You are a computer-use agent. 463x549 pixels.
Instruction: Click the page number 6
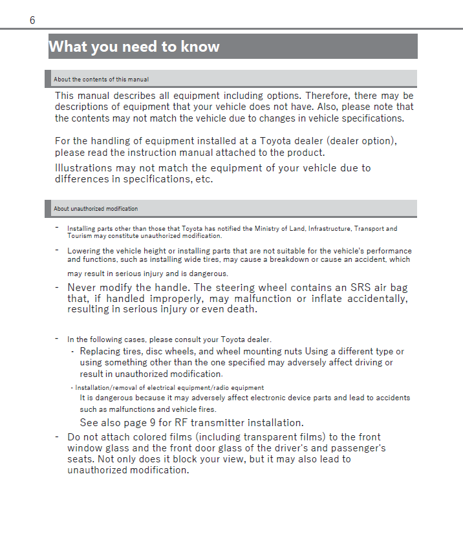coord(32,21)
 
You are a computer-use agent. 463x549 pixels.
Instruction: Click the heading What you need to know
coord(135,47)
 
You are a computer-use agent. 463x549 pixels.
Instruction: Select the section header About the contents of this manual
coord(101,80)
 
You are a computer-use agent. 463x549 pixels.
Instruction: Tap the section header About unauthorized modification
coord(96,209)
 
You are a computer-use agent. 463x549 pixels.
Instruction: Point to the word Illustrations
coord(83,168)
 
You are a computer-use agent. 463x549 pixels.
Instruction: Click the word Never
coord(83,287)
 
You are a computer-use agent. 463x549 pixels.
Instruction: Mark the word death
coord(242,309)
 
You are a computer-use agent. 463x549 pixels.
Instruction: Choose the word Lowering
coord(83,251)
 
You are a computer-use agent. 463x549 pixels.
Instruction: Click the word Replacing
coord(101,351)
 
